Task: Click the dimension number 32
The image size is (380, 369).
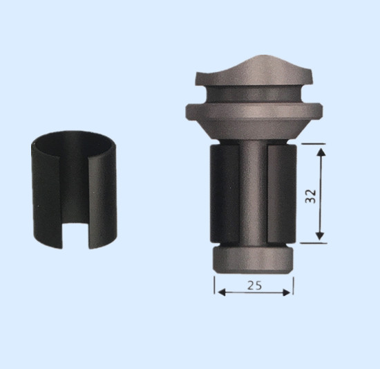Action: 311,196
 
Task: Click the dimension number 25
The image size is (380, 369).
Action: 254,285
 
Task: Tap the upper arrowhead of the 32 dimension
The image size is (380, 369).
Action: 321,152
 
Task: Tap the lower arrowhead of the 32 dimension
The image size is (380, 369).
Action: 320,236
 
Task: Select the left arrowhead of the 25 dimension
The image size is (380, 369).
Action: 222,292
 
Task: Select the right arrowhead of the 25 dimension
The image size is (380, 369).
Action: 286,293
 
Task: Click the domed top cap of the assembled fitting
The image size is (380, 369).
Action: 254,71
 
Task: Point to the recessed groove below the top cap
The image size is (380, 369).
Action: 254,93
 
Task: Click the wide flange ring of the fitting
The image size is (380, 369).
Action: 254,111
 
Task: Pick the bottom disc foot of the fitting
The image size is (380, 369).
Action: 253,260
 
